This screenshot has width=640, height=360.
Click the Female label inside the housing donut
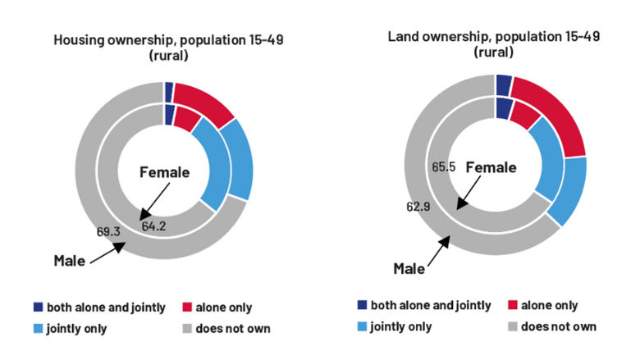coord(164,172)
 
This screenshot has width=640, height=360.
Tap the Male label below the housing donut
coord(70,261)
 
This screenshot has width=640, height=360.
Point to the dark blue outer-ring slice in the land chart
coord(504,84)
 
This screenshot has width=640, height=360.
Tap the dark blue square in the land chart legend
coord(361,305)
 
